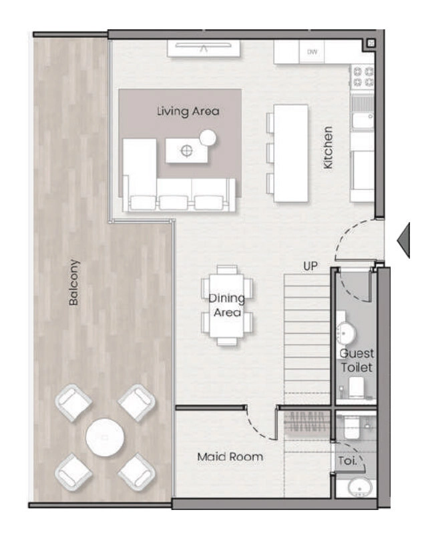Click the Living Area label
pyautogui.click(x=188, y=111)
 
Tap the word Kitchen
pyautogui.click(x=328, y=147)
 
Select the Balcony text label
pyautogui.click(x=73, y=283)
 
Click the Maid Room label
pyautogui.click(x=230, y=457)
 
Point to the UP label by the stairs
pyautogui.click(x=310, y=266)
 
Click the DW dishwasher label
pyautogui.click(x=312, y=52)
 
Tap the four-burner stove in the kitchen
pyautogui.click(x=363, y=77)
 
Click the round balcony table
pyautogui.click(x=105, y=437)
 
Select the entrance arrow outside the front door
pyautogui.click(x=403, y=240)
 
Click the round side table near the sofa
pyautogui.click(x=208, y=138)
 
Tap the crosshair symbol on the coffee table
pyautogui.click(x=186, y=150)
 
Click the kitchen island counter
pyautogui.click(x=290, y=153)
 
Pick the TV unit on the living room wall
pyautogui.click(x=204, y=49)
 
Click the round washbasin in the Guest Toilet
pyautogui.click(x=346, y=333)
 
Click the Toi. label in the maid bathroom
pyautogui.click(x=347, y=461)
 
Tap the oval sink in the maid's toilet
pyautogui.click(x=360, y=487)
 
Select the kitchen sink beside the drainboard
pyautogui.click(x=363, y=121)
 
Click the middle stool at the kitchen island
pyautogui.click(x=270, y=153)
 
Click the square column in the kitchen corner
pyautogui.click(x=371, y=43)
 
